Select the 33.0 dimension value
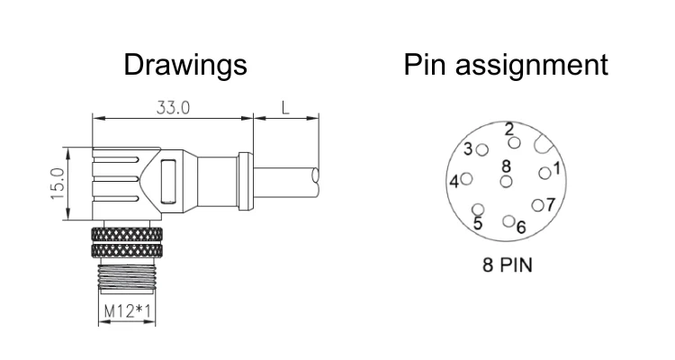click(173, 108)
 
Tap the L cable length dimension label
click(285, 108)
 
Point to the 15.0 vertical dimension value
click(58, 184)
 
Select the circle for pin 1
click(544, 172)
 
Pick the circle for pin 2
click(514, 142)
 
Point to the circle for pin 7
click(537, 205)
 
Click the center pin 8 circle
click(507, 181)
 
